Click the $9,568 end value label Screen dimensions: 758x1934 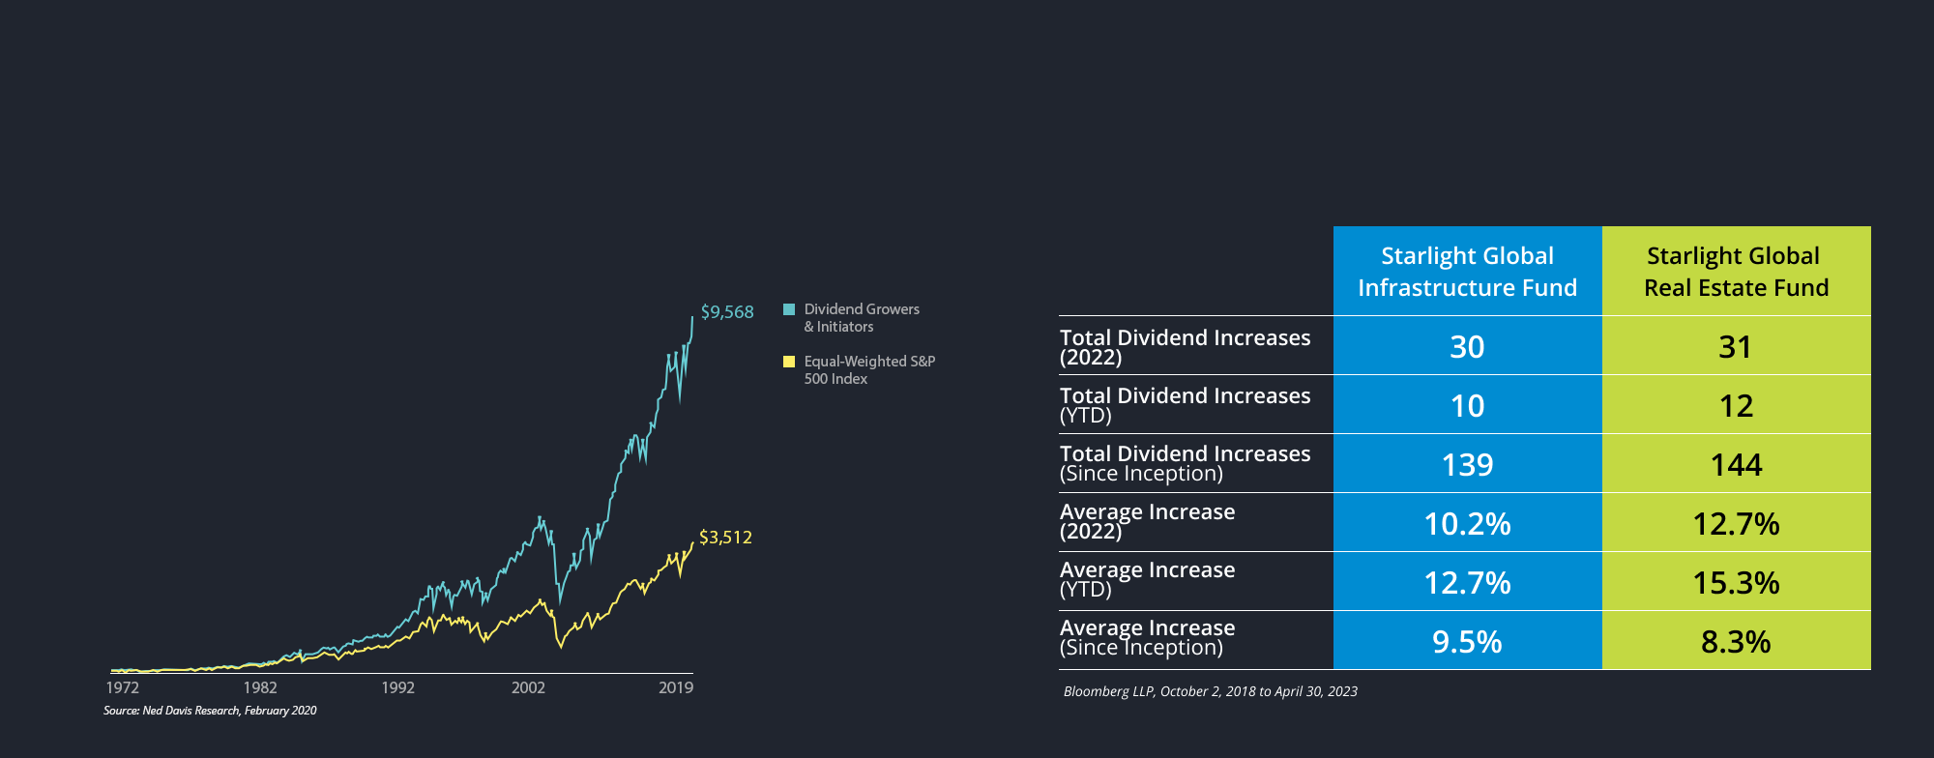(x=727, y=312)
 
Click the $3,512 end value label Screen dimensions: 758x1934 (x=725, y=538)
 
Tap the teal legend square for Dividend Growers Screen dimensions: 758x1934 (x=789, y=309)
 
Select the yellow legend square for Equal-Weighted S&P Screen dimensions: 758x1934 (x=789, y=362)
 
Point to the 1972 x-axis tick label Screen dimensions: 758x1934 (x=123, y=687)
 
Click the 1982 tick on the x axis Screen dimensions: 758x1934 (x=260, y=687)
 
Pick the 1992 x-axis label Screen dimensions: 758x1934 (x=397, y=687)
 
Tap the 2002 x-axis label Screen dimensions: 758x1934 (x=528, y=687)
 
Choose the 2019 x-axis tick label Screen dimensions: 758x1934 (x=676, y=687)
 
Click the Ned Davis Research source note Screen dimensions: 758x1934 (x=210, y=711)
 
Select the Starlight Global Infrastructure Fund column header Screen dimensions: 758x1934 (x=1467, y=272)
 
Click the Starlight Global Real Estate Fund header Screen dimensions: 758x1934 (x=1736, y=272)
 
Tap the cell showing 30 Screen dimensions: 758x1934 (x=1467, y=347)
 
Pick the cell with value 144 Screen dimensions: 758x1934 (x=1736, y=465)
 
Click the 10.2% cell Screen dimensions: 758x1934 (x=1467, y=524)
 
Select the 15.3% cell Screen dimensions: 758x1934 (x=1736, y=583)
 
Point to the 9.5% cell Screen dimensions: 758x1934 (x=1467, y=642)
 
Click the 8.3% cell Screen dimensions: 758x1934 (x=1736, y=642)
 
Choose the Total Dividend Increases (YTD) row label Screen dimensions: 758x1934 (x=1185, y=405)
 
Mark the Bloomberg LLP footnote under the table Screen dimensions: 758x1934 (x=1210, y=691)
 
